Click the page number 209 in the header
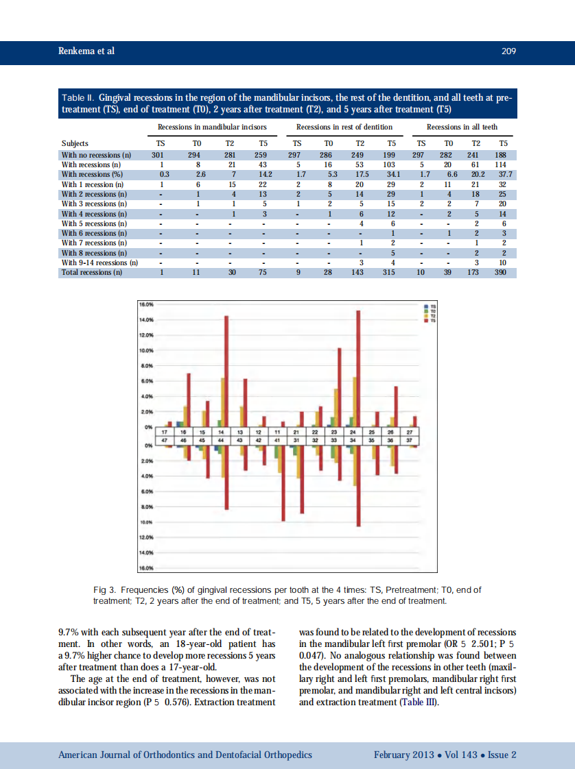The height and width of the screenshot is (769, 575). click(x=508, y=51)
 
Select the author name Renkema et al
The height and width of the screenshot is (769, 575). click(x=86, y=51)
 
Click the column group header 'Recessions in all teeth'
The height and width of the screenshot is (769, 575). click(x=462, y=127)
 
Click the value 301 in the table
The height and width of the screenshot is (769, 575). click(x=161, y=155)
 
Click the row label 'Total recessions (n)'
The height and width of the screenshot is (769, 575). click(x=92, y=272)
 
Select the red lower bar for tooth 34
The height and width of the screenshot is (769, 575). click(x=358, y=486)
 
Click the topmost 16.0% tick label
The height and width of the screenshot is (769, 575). click(x=147, y=304)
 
